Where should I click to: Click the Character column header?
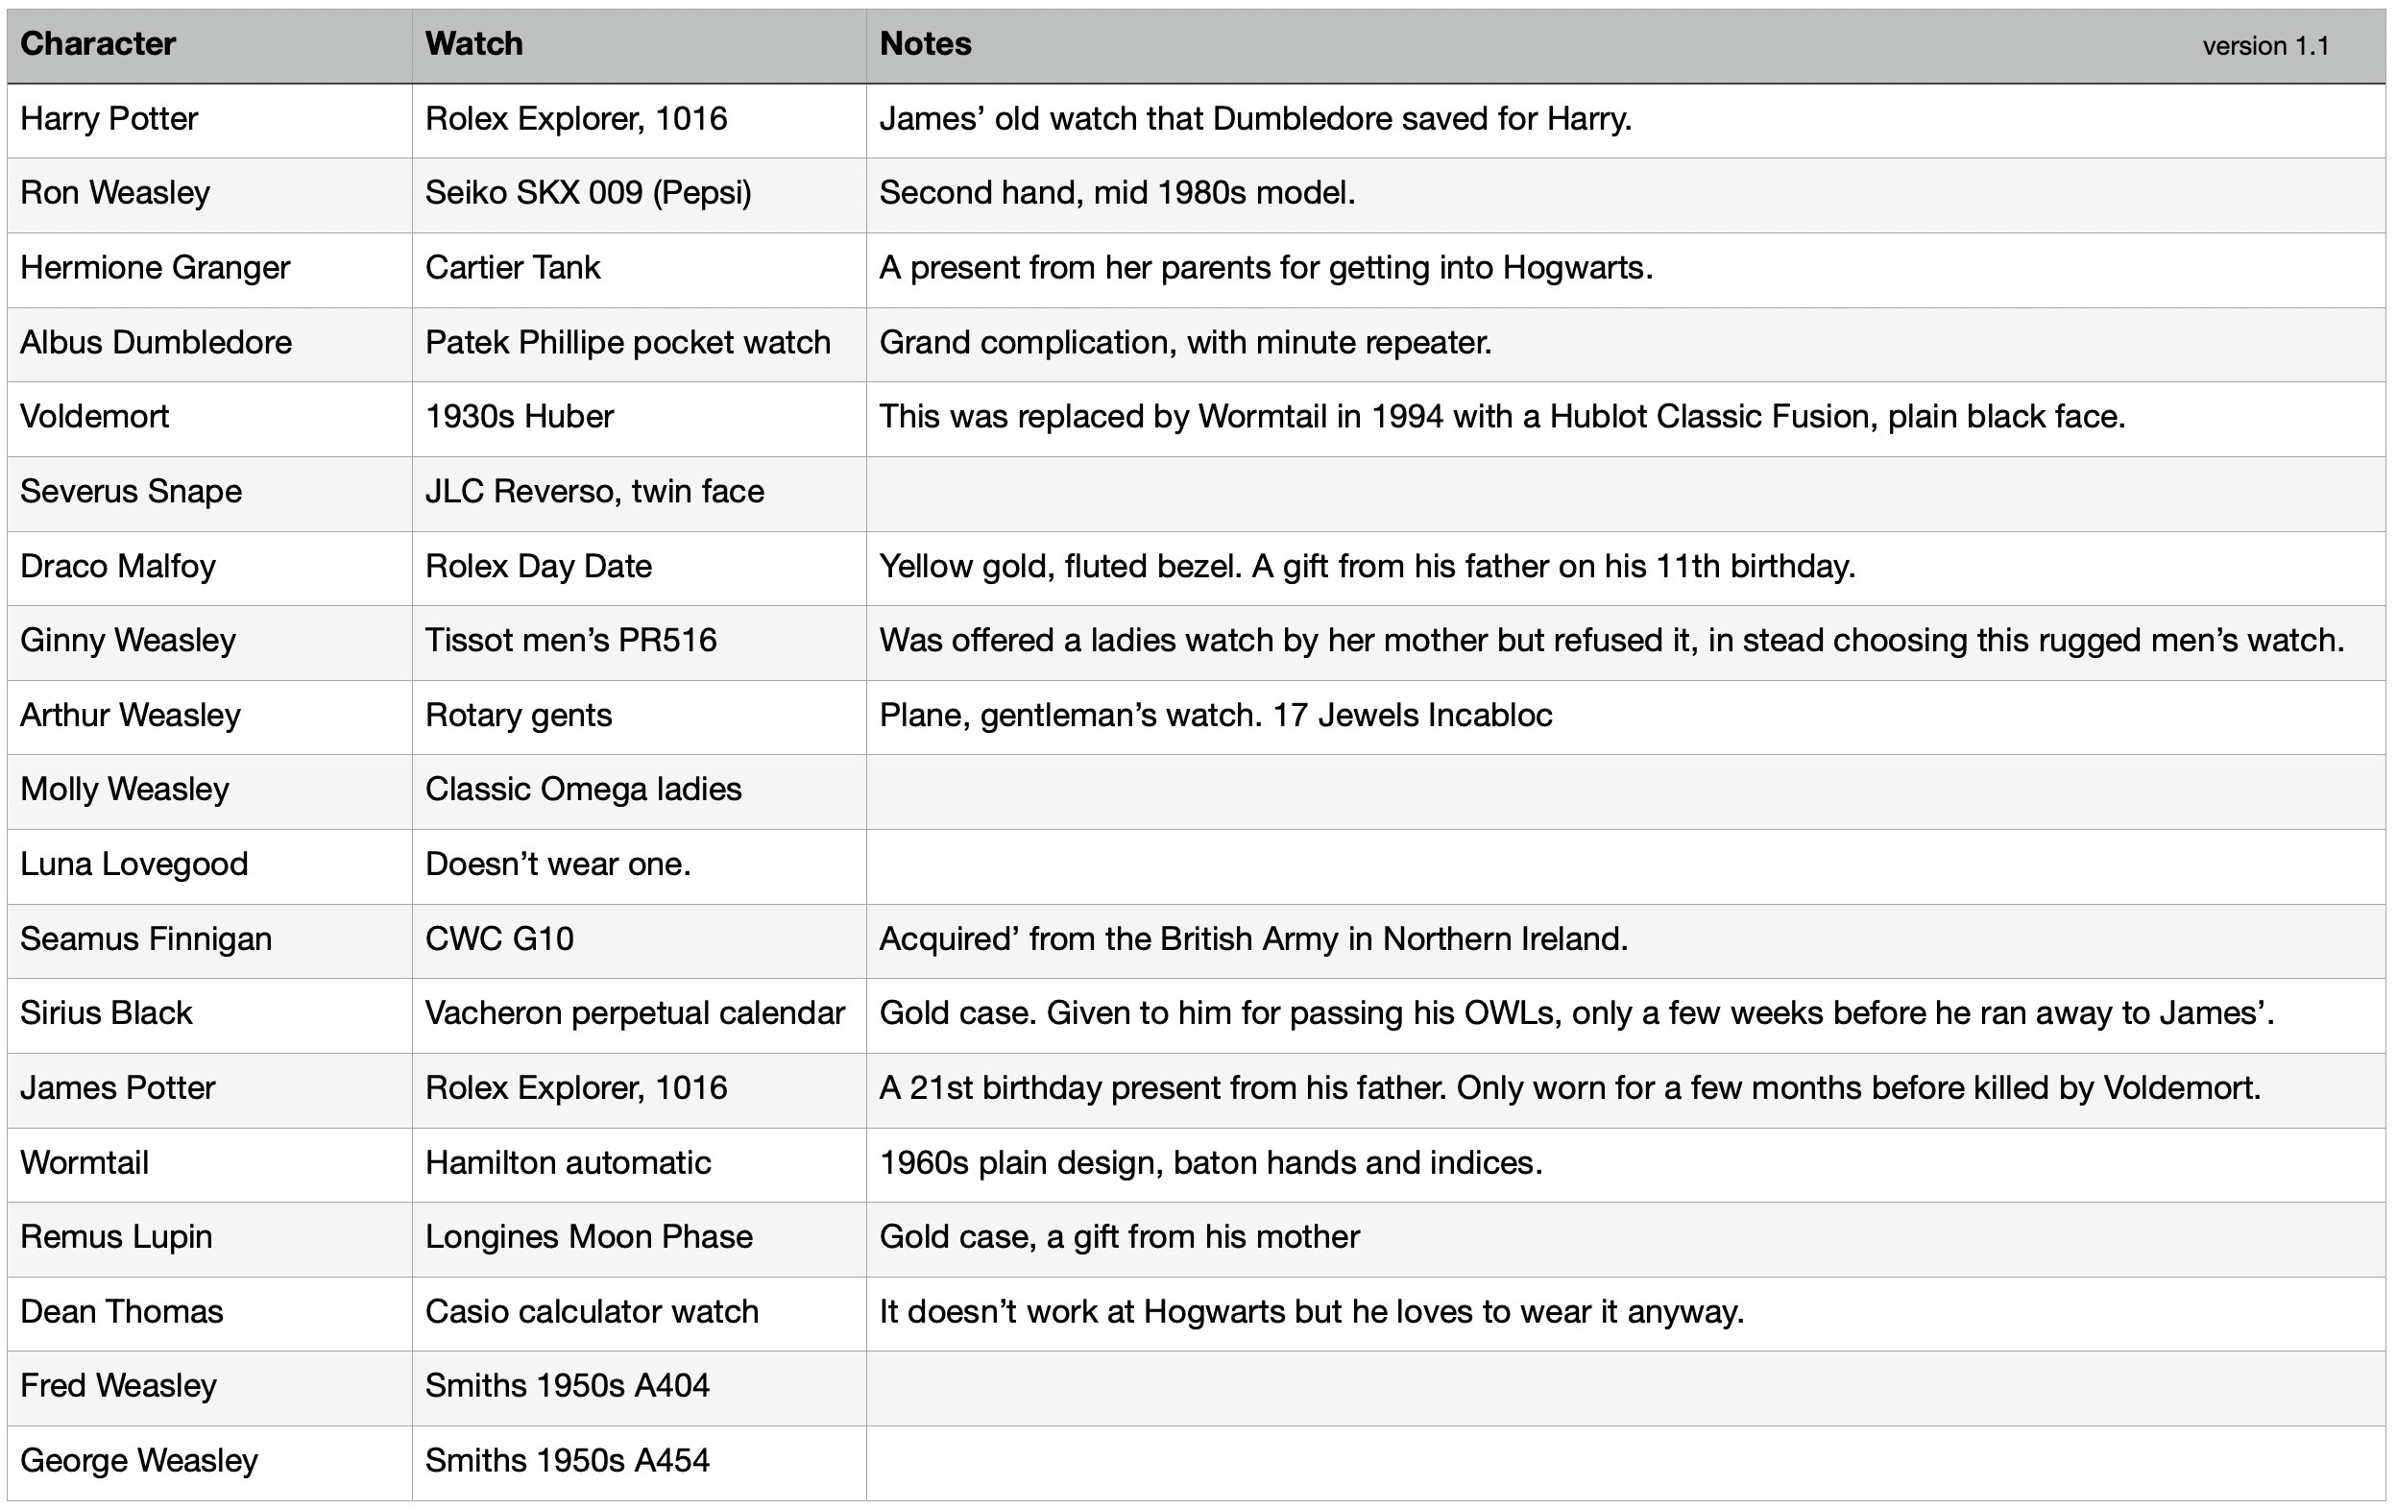coord(98,44)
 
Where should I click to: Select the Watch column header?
coord(473,44)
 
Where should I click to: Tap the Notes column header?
coord(925,44)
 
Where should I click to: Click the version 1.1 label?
coord(2265,46)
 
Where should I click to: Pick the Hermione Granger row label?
coord(156,268)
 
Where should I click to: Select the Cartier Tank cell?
coord(513,268)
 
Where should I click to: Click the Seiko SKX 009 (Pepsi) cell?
coord(589,193)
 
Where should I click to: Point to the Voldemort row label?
coord(94,416)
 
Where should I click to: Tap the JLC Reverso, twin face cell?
coord(594,492)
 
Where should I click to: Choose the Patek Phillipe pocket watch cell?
coord(627,342)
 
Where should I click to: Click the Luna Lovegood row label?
coord(134,864)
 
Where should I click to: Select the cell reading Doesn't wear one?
coord(557,864)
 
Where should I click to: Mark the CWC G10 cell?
coord(499,938)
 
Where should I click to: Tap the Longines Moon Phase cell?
coord(589,1237)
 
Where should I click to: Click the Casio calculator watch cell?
coord(592,1312)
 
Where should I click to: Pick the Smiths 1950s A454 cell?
coord(568,1460)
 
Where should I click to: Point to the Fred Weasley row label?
coord(118,1385)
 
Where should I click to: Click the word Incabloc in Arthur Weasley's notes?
coord(1489,716)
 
